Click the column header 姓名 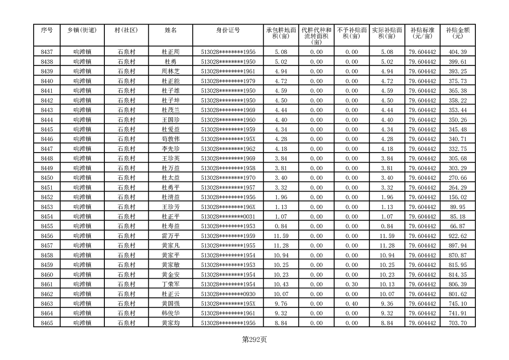pyautogui.click(x=171, y=30)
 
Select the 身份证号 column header pyautogui.click(x=228, y=30)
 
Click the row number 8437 pyautogui.click(x=47, y=52)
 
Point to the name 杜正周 pyautogui.click(x=171, y=52)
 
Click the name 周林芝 pyautogui.click(x=171, y=71)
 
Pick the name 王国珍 pyautogui.click(x=171, y=120)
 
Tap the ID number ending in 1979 pyautogui.click(x=228, y=81)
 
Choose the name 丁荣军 pyautogui.click(x=171, y=284)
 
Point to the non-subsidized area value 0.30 pyautogui.click(x=351, y=284)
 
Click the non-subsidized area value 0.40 pyautogui.click(x=351, y=304)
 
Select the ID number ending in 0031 pyautogui.click(x=228, y=217)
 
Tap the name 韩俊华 pyautogui.click(x=171, y=313)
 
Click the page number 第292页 pyautogui.click(x=254, y=340)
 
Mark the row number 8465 pyautogui.click(x=47, y=323)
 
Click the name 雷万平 pyautogui.click(x=171, y=236)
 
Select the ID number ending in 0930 pyautogui.click(x=228, y=294)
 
